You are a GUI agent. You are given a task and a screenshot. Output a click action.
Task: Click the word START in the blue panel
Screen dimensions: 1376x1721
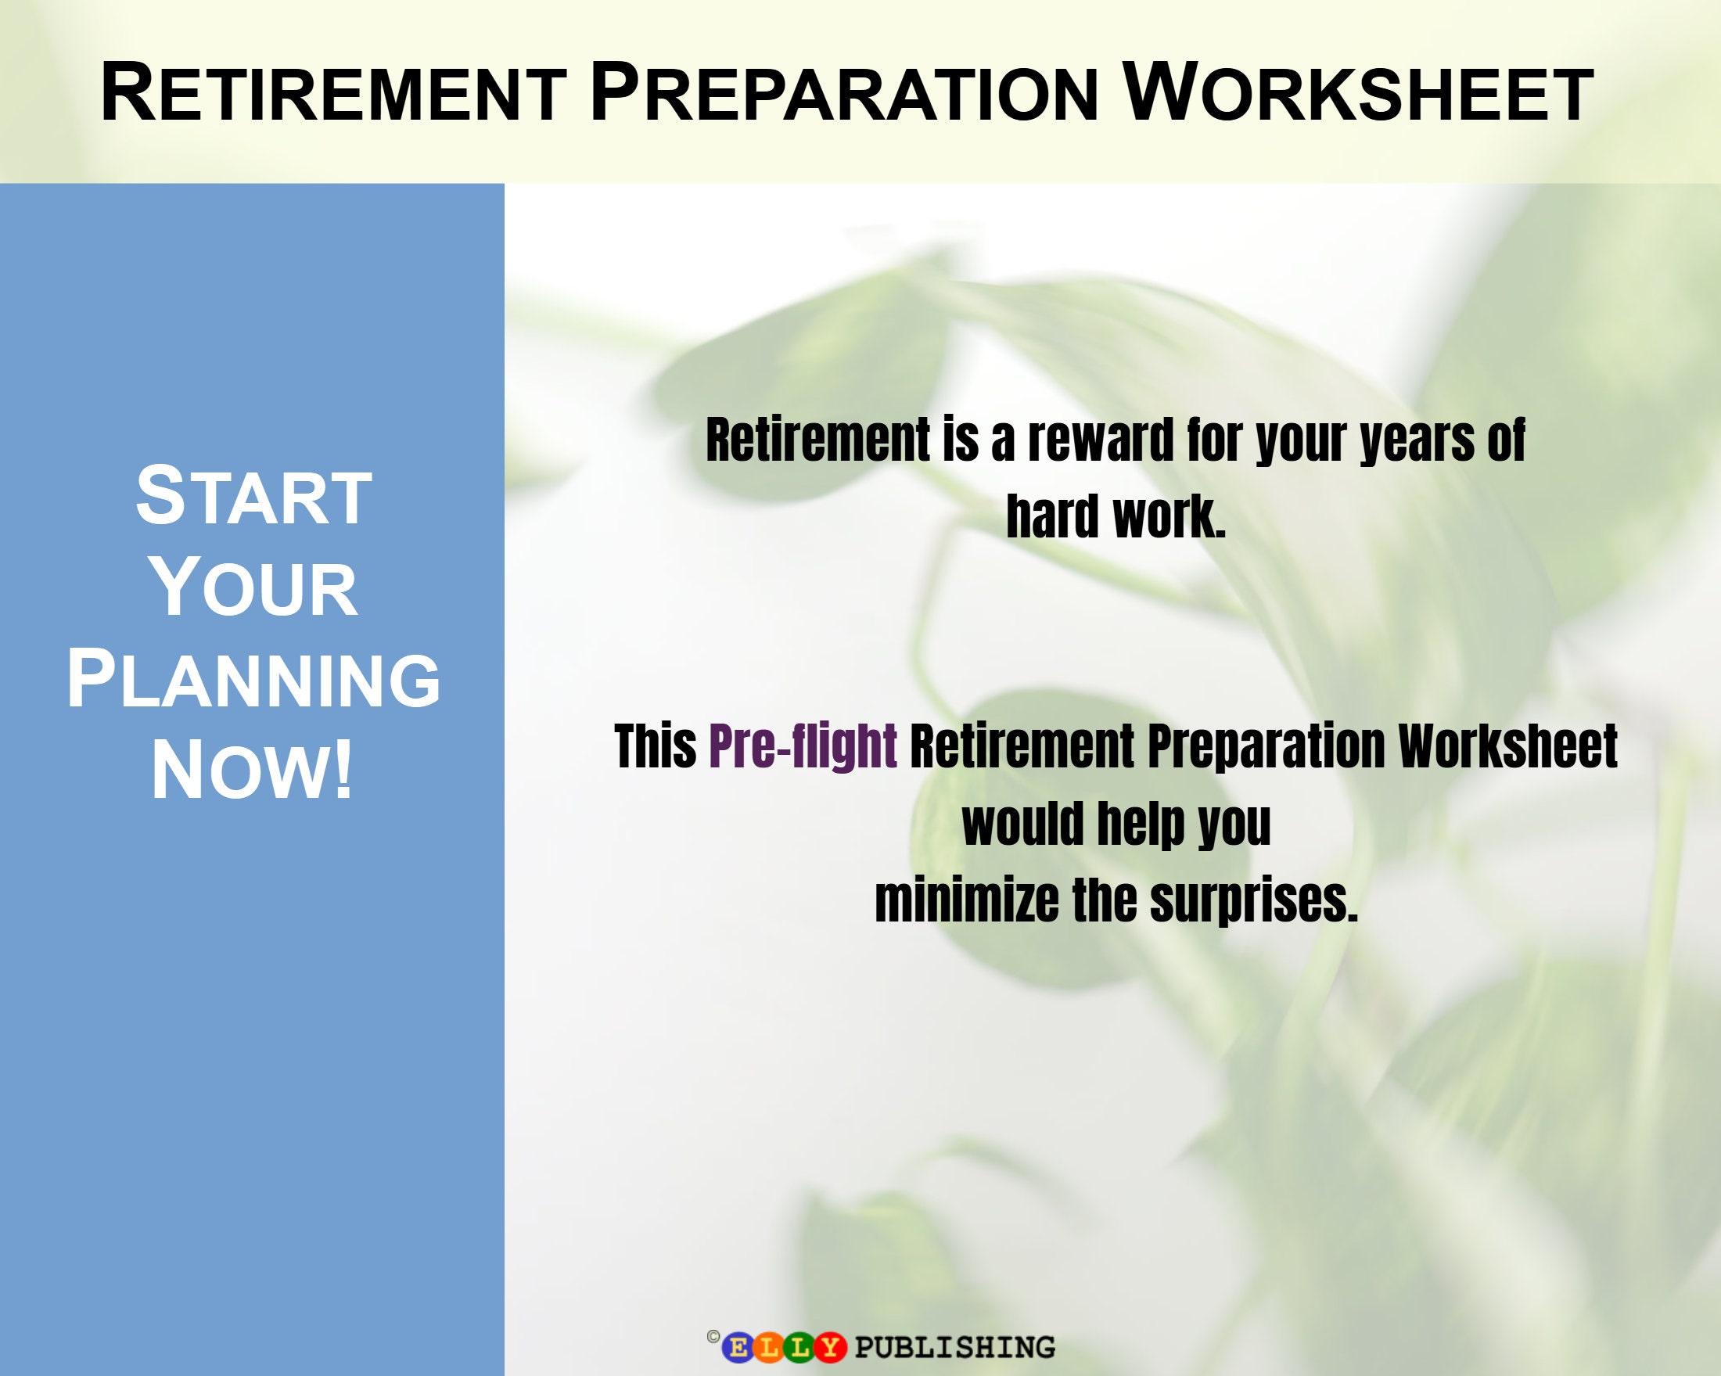253,497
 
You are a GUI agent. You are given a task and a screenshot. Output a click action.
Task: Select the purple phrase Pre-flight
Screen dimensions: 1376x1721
803,746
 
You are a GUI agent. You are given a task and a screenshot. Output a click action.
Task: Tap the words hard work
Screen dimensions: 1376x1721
1116,516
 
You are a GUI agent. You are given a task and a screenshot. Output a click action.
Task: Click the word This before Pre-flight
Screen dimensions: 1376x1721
656,746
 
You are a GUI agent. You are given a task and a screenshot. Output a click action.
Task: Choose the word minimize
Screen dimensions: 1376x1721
967,900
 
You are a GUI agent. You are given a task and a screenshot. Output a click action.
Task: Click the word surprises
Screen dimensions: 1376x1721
1253,900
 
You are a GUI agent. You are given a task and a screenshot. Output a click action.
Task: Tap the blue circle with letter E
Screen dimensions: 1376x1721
738,1347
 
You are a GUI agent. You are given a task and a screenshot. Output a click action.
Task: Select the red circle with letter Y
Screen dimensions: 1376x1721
830,1347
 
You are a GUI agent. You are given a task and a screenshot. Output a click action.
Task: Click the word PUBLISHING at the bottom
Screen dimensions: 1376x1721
954,1347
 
